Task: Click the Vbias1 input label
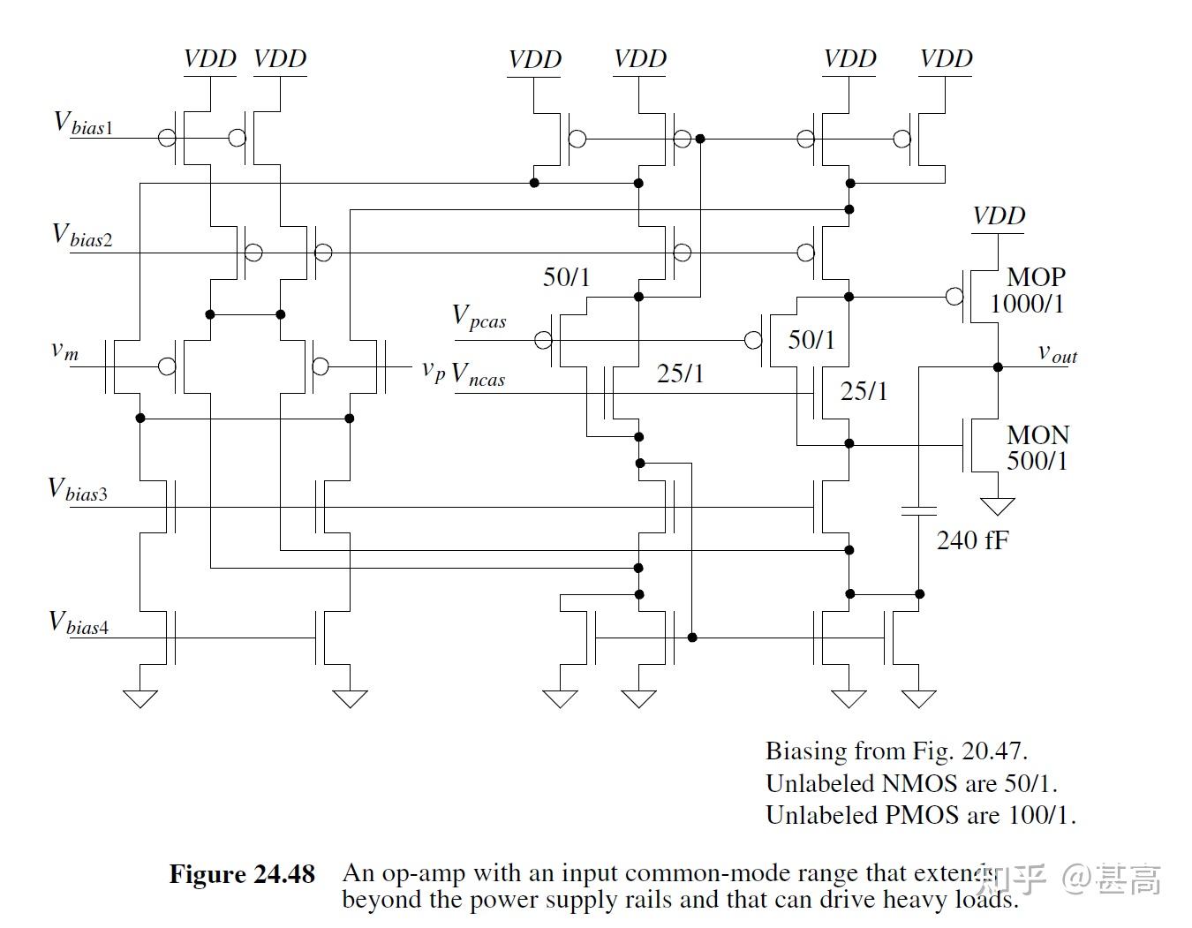pyautogui.click(x=84, y=123)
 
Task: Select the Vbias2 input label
pyautogui.click(x=82, y=235)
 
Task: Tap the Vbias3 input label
pyautogui.click(x=78, y=490)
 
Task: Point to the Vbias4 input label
pyautogui.click(x=79, y=623)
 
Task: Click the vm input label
pyautogui.click(x=64, y=351)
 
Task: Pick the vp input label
pyautogui.click(x=433, y=370)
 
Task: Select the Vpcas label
pyautogui.click(x=479, y=317)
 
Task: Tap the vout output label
pyautogui.click(x=1057, y=353)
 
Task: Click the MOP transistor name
pyautogui.click(x=1036, y=277)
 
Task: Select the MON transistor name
pyautogui.click(x=1037, y=435)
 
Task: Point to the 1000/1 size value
pyautogui.click(x=1027, y=305)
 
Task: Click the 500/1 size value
pyautogui.click(x=1037, y=461)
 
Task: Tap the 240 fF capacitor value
pyautogui.click(x=972, y=540)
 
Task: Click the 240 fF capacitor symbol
pyautogui.click(x=919, y=510)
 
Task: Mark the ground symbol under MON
pyautogui.click(x=998, y=506)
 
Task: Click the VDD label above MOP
pyautogui.click(x=998, y=216)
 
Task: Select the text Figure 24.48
pyautogui.click(x=242, y=874)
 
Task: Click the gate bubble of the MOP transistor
pyautogui.click(x=954, y=297)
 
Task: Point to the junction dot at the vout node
pyautogui.click(x=998, y=366)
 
